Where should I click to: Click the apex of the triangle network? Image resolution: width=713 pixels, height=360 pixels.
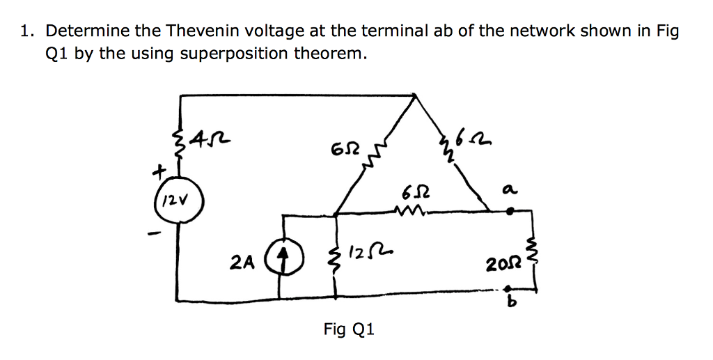click(x=416, y=95)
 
